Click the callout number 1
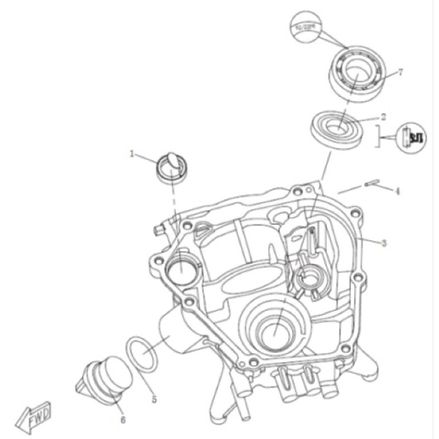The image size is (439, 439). pos(132,155)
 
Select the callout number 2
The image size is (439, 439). pos(384,116)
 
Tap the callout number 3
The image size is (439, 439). pos(384,242)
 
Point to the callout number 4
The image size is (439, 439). pos(397,192)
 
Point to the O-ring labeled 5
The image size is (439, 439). pos(143,355)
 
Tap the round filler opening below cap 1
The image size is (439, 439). pos(179,269)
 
